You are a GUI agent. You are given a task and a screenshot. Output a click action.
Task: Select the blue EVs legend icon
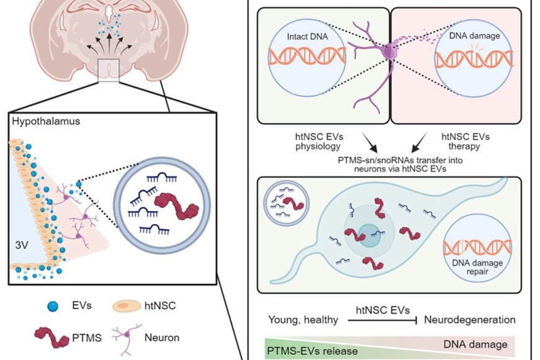[x=52, y=305]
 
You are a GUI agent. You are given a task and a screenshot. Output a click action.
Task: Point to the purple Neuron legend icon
[x=127, y=338]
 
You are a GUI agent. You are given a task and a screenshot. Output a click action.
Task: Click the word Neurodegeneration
[x=469, y=320]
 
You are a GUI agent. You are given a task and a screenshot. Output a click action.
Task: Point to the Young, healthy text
[x=303, y=320]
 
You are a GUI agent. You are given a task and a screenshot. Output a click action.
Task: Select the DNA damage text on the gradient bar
[x=475, y=344]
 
